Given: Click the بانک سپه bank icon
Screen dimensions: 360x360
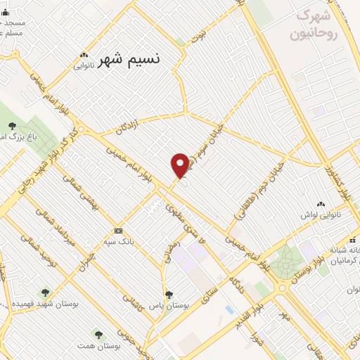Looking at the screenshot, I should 118,231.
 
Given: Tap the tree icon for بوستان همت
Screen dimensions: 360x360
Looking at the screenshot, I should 98,334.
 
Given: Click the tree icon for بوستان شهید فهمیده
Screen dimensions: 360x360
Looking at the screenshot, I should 46,292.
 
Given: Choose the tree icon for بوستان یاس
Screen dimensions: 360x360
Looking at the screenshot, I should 168,295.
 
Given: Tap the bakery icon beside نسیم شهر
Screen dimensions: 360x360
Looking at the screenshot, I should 84,56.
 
